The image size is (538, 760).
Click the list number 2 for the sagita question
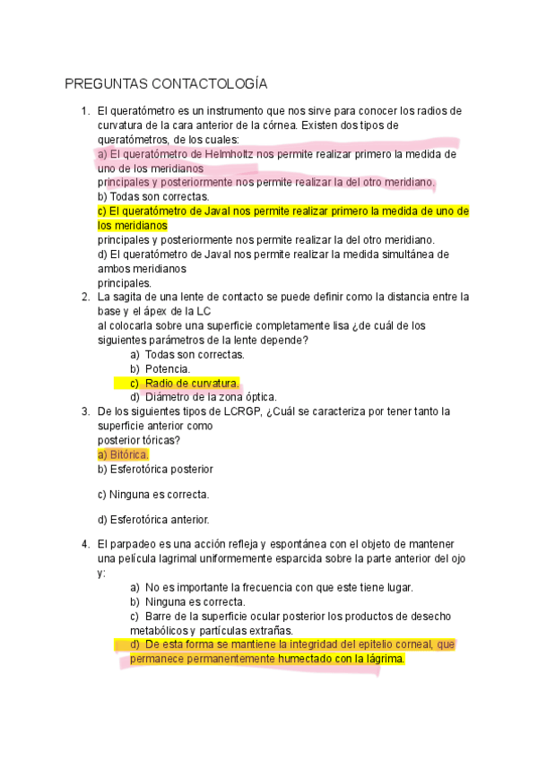pos(84,298)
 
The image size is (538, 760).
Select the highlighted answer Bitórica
pos(123,455)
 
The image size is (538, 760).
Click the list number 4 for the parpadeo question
pos(84,544)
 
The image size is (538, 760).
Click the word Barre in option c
pos(159,617)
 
